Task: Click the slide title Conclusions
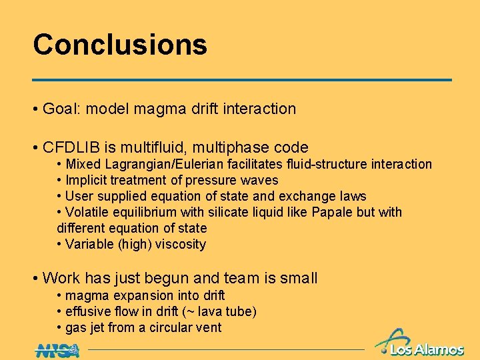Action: [120, 45]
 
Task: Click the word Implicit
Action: [87, 180]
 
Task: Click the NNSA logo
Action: [57, 349]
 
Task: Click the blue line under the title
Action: [242, 80]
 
